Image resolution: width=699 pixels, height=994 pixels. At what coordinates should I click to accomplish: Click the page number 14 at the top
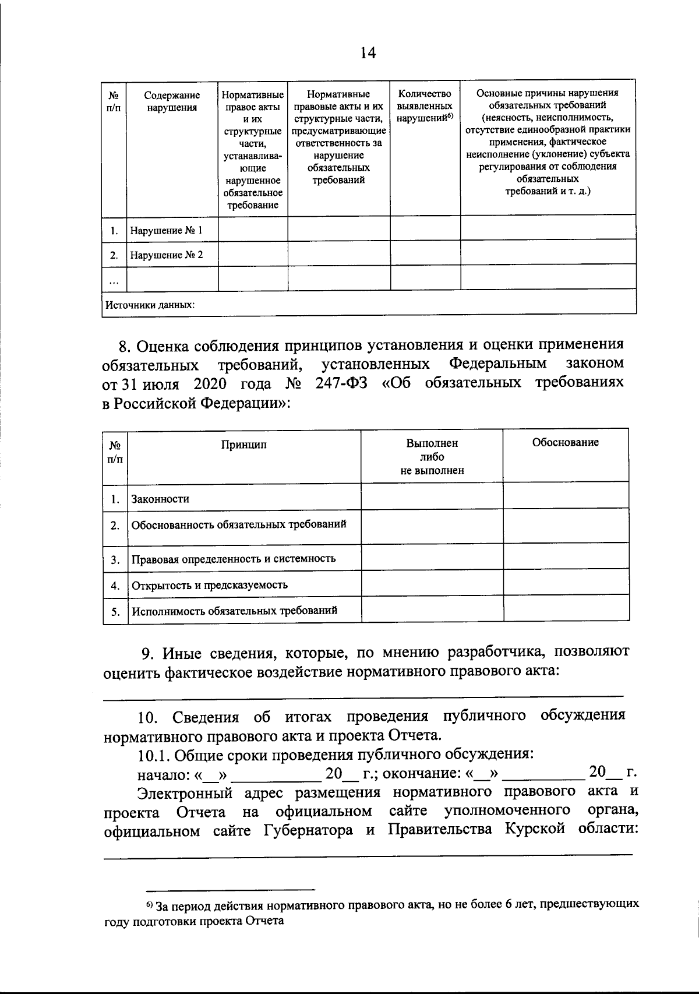point(368,53)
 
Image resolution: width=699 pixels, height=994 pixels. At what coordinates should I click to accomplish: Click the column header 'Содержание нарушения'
point(172,101)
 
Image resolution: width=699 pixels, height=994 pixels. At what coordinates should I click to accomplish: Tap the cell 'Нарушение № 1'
point(166,230)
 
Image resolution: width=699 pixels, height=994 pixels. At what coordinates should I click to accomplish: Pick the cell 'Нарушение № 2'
point(166,255)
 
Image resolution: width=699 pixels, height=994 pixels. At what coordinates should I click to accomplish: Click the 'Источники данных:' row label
point(150,304)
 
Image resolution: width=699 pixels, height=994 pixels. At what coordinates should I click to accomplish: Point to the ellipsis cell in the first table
point(114,280)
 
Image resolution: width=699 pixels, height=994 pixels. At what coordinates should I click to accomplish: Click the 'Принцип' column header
point(243,445)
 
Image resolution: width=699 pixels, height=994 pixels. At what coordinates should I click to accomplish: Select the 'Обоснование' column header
point(565,442)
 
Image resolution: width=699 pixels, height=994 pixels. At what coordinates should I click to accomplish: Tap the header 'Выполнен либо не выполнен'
point(432,456)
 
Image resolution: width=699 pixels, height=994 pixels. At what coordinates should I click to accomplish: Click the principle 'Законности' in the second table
point(160,499)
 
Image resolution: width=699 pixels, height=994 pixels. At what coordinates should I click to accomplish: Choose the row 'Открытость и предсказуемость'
point(210,584)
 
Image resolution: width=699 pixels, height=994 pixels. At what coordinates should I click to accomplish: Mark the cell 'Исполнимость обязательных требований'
point(234,611)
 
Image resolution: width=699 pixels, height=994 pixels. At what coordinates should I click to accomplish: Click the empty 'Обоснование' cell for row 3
point(566,558)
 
